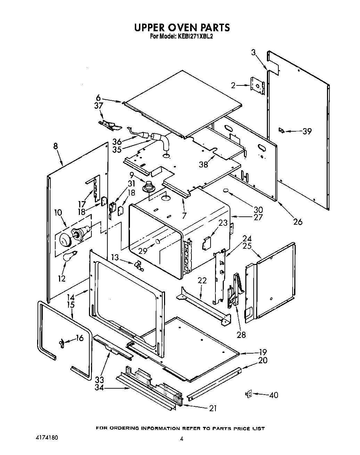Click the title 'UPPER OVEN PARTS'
tap(182, 27)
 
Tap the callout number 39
tap(307, 131)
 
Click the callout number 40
tap(274, 395)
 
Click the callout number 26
tap(298, 221)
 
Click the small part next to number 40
tap(248, 394)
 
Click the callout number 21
tap(213, 408)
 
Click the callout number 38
tap(203, 164)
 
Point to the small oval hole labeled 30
tap(226, 190)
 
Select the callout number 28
tap(241, 334)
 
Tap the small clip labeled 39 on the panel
tap(281, 131)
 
